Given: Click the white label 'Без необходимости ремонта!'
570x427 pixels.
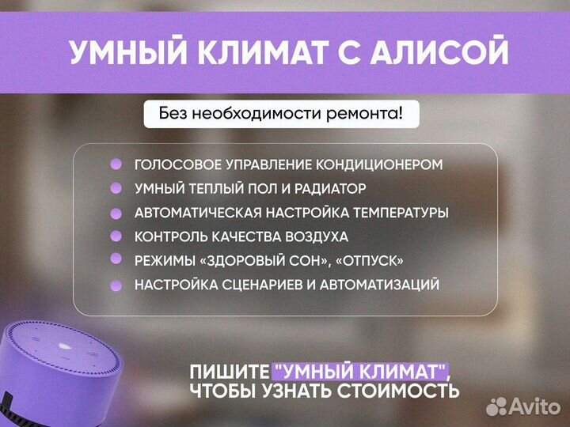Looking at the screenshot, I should pos(280,114).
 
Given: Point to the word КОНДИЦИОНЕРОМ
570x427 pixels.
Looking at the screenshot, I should pos(379,165).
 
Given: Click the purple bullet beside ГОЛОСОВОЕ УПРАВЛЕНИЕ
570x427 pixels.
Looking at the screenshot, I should pos(116,164).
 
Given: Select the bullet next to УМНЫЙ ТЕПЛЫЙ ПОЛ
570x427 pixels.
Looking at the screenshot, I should pos(116,188).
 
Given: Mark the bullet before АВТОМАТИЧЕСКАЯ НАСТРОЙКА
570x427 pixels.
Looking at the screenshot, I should pos(116,213).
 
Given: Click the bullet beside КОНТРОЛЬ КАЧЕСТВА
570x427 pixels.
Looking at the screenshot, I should pos(116,236).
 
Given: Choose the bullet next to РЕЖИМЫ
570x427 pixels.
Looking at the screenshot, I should pos(116,259).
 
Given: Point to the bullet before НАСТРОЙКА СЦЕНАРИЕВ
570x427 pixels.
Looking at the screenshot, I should pos(116,284).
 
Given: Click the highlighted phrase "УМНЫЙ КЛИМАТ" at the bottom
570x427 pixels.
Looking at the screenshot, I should pos(360,371).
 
